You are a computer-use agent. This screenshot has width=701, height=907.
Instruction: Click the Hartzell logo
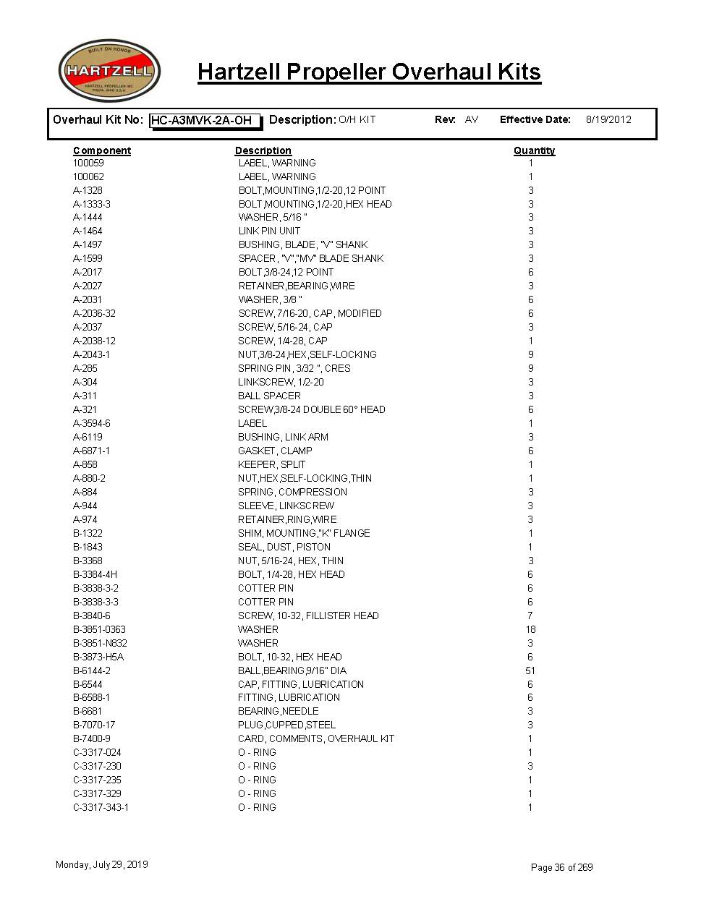point(109,71)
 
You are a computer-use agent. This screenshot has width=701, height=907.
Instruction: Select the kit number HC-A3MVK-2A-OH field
point(205,121)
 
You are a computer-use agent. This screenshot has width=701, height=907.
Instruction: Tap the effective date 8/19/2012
point(608,120)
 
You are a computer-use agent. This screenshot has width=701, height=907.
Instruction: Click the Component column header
point(102,150)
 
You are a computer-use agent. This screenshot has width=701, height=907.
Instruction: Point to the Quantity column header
point(534,150)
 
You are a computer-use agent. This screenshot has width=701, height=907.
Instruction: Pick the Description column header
point(263,150)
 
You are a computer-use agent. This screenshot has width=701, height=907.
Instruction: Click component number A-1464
point(88,231)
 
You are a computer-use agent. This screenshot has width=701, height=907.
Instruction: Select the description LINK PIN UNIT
point(269,231)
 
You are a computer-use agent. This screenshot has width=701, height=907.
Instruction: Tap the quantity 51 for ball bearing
point(530,670)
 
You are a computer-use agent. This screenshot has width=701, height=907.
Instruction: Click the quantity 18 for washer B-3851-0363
point(530,629)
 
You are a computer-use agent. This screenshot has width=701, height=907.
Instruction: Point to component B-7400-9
point(92,738)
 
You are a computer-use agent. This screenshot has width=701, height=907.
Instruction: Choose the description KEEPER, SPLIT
point(271,464)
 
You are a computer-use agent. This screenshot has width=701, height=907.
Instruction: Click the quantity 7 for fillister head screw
point(530,616)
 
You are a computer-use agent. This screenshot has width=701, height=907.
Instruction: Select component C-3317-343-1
point(101,807)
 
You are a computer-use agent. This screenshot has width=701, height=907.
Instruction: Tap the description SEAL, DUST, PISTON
point(284,547)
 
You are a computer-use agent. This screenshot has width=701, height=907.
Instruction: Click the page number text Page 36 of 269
point(561,867)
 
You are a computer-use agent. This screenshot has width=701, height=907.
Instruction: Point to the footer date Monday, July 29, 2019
point(101,864)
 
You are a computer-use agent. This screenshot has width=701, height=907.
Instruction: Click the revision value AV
point(472,120)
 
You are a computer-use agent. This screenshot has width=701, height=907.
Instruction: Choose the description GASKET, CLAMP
point(275,451)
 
